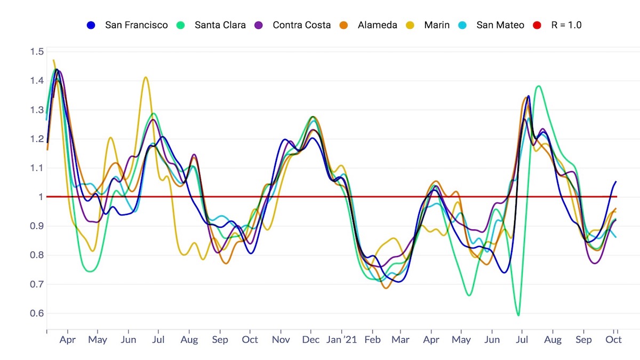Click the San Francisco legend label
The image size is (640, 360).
[136, 25]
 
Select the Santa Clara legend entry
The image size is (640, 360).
[220, 25]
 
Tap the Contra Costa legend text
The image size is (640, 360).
[301, 25]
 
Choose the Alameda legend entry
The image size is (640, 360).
[378, 25]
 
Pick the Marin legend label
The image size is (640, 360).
[436, 25]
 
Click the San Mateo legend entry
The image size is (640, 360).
[500, 25]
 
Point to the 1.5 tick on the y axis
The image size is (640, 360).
[37, 52]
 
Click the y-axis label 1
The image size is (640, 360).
[40, 197]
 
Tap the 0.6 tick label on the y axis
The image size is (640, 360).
[37, 313]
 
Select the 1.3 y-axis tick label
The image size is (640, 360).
[37, 110]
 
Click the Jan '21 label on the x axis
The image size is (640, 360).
[342, 340]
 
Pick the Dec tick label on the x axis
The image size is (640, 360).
[311, 340]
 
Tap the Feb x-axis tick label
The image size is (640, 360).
[373, 340]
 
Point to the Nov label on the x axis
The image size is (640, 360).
[281, 340]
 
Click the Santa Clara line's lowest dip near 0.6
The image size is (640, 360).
[518, 315]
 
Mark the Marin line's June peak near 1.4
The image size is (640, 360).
[145, 77]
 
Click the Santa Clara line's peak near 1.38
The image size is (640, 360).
[538, 86]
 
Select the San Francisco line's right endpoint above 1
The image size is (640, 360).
[616, 182]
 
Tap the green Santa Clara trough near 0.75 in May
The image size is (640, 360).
[90, 271]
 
